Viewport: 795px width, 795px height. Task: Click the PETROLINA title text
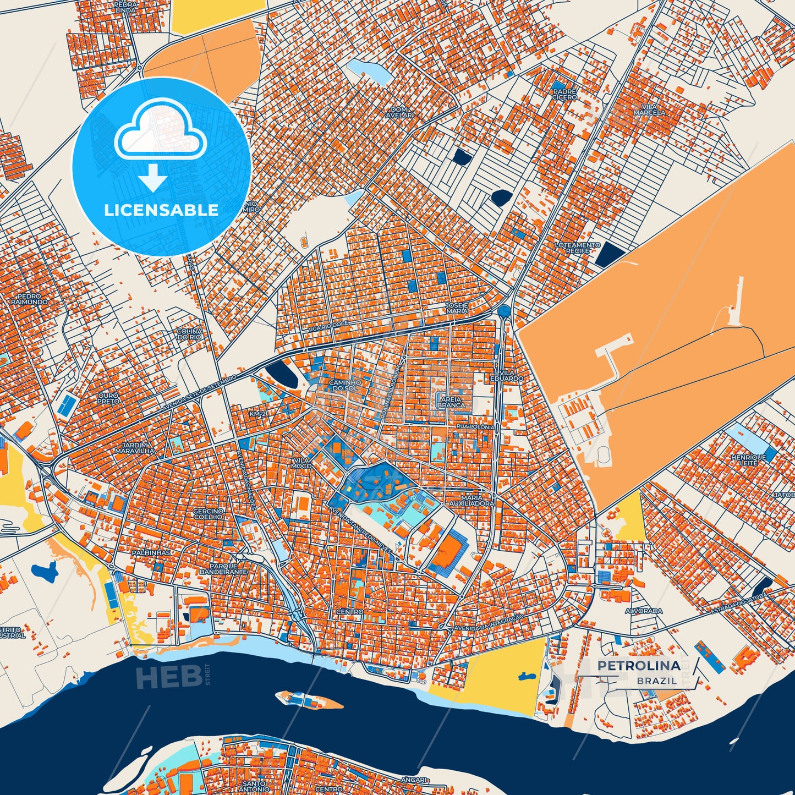(638, 666)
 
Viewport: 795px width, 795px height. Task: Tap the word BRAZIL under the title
(657, 681)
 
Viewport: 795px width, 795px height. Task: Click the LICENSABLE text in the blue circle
(161, 210)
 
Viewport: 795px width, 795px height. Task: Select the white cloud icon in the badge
(160, 132)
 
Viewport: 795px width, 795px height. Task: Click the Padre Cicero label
(564, 95)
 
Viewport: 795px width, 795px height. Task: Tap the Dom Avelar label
(399, 112)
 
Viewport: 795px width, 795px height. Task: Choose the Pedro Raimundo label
(29, 299)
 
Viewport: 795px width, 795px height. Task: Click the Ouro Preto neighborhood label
(108, 398)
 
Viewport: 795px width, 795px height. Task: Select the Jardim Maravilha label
(135, 448)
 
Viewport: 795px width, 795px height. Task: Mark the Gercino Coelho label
(208, 514)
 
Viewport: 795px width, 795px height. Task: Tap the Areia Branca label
(451, 402)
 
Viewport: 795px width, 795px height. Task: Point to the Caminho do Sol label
(344, 385)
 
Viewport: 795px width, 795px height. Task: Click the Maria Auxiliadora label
(471, 500)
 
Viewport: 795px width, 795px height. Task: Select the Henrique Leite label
(748, 460)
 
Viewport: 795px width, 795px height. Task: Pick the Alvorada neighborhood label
(644, 611)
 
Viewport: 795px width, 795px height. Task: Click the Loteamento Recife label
(577, 248)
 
